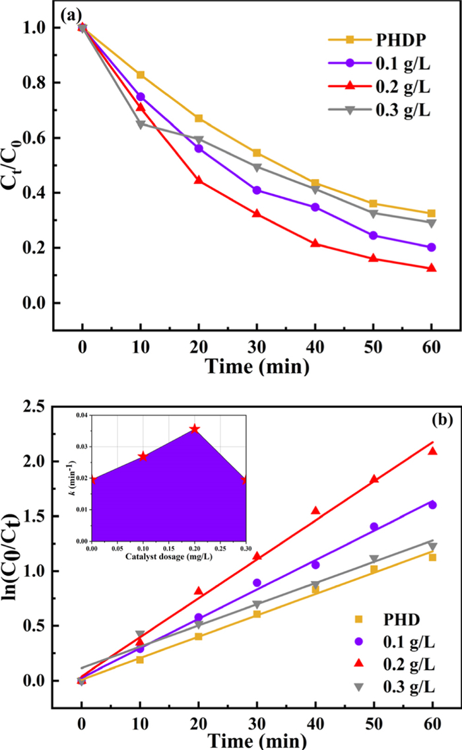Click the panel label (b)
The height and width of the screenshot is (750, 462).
coord(422,420)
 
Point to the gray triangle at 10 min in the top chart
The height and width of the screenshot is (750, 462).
coord(140,124)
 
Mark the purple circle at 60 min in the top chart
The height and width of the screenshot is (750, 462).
coord(431,248)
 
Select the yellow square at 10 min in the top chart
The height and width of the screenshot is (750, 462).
coord(140,75)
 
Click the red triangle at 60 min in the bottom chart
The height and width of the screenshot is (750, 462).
coord(432,451)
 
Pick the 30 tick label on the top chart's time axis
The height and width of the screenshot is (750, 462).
coord(257,344)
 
